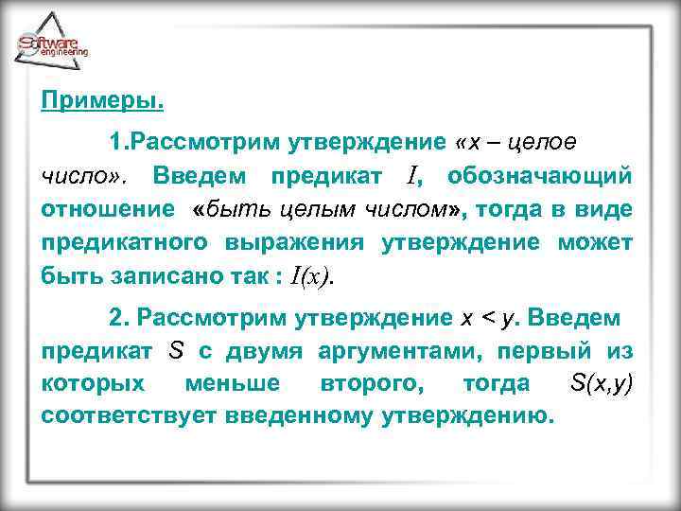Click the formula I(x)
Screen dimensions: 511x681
311,275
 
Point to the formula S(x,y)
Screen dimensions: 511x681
602,383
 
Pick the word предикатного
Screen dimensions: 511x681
126,242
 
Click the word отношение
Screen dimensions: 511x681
107,209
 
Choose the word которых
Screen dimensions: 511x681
93,383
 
